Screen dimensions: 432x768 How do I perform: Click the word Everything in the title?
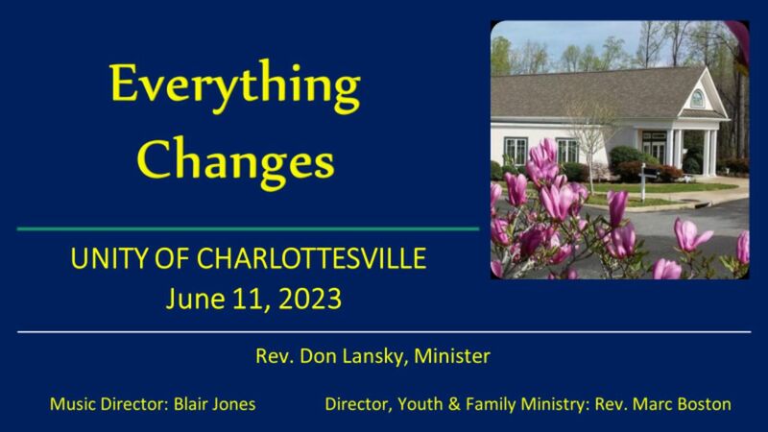coord(235,86)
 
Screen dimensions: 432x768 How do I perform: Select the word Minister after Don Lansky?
coord(455,356)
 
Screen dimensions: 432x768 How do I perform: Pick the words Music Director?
coord(106,404)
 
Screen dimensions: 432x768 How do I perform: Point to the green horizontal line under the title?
coord(248,228)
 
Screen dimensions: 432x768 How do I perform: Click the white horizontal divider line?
coord(384,332)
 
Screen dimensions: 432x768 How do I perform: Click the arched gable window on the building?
coord(697,97)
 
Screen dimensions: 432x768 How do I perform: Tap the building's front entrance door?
coord(654,148)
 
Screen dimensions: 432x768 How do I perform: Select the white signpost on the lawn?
coord(643,179)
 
